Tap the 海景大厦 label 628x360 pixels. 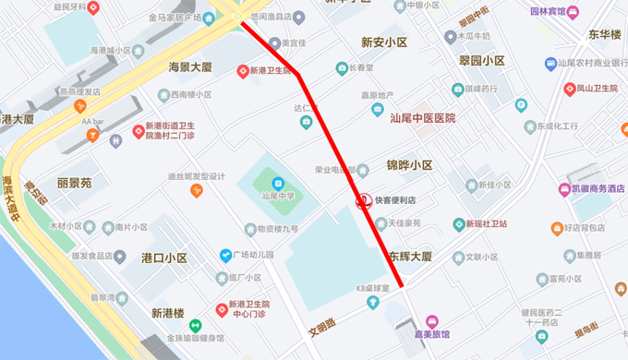click(190, 67)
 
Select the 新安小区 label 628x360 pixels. click(384, 42)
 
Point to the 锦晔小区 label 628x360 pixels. click(409, 165)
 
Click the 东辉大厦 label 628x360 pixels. click(409, 257)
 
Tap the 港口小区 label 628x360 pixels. click(164, 258)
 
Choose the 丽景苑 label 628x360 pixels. click(74, 183)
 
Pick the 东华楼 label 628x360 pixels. click(604, 34)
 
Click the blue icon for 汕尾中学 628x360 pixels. click(276, 179)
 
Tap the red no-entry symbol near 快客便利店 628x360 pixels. click(365, 200)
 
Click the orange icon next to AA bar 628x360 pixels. click(91, 135)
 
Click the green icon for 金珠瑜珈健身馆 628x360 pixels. click(195, 325)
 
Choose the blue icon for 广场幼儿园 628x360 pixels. click(224, 255)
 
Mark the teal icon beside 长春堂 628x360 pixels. click(342, 68)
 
